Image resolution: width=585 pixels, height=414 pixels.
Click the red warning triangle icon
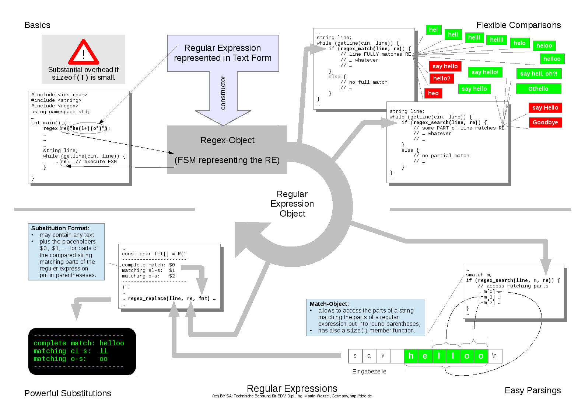84,52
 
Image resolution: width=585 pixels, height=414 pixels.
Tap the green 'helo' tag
519,43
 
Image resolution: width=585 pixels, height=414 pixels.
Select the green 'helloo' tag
552,59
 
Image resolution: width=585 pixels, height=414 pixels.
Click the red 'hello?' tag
442,79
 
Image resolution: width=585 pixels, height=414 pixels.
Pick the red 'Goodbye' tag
545,123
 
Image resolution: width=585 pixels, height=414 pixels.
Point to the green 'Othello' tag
538,89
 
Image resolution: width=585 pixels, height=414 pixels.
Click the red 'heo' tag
433,93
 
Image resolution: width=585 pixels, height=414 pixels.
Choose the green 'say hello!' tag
485,72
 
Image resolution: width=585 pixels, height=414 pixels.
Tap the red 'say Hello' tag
545,108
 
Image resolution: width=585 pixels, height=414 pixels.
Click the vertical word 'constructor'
223,93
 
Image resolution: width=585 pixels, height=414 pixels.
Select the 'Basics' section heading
37,25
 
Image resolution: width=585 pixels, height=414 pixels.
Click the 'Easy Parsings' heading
533,390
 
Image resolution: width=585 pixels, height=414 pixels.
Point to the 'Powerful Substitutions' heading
68,393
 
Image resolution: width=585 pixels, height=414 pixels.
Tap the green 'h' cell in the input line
411,356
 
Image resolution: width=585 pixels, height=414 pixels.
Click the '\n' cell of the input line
494,356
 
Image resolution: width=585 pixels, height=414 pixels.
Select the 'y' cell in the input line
383,356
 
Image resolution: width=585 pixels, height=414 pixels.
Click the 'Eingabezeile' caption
369,372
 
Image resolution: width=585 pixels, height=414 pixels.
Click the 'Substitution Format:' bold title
60,228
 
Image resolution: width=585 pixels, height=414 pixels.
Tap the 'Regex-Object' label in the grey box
227,140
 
